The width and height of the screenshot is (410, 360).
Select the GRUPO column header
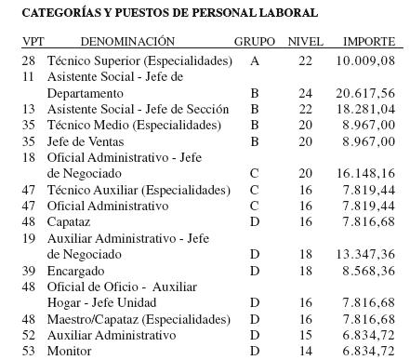tap(255, 43)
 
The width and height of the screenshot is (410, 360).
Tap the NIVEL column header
tap(306, 43)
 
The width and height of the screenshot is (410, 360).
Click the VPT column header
tap(33, 43)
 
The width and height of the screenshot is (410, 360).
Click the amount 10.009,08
tap(365, 60)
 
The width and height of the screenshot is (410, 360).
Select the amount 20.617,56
tap(365, 94)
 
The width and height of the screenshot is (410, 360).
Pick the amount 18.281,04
tap(365, 110)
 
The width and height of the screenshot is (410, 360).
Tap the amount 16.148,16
tap(365, 174)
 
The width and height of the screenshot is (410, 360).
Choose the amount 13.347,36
tap(365, 254)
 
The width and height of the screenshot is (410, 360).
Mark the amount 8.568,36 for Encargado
tap(369, 270)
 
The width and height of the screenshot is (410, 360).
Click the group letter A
tap(255, 60)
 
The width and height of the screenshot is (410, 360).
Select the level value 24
tap(306, 94)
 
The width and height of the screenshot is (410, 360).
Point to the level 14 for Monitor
tap(306, 351)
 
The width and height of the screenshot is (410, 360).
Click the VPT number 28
tap(29, 60)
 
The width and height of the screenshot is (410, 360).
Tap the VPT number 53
tap(29, 351)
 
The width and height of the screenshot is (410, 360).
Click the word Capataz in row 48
tap(70, 222)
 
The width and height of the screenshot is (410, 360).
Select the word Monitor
tap(69, 351)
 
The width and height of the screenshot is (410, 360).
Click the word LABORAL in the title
tap(288, 13)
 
